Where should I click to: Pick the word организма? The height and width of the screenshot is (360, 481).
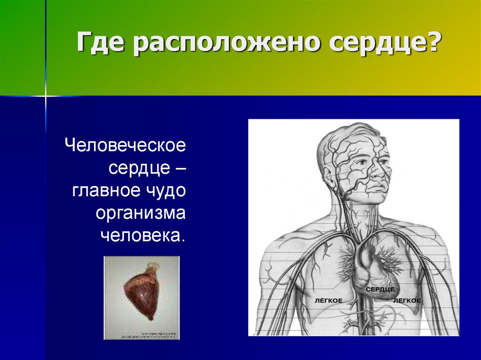(x=141, y=214)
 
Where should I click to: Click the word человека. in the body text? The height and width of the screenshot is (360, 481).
(x=142, y=236)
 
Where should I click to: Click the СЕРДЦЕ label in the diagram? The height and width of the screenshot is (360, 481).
(x=379, y=290)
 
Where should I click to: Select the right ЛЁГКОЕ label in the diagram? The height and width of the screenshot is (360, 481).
(x=407, y=300)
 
